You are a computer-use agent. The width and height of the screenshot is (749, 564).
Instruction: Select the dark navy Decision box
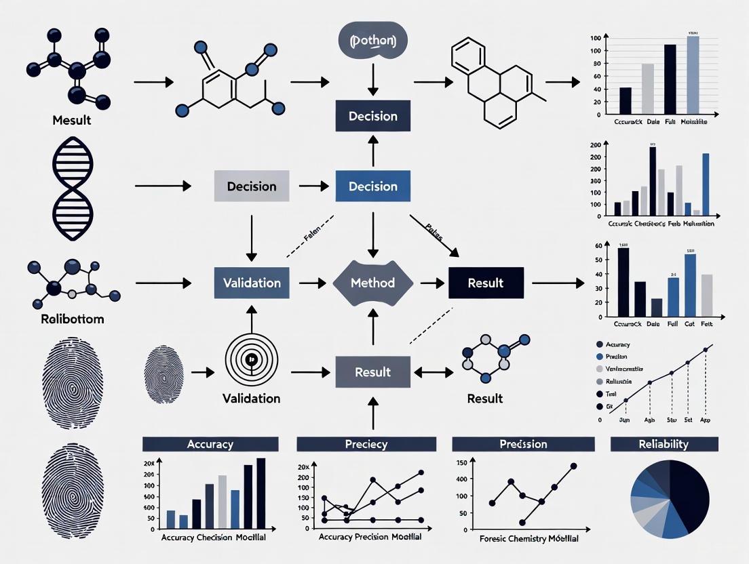(x=372, y=116)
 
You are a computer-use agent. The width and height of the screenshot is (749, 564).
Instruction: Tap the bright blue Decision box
(x=372, y=186)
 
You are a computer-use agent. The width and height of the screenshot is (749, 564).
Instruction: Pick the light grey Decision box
(x=252, y=186)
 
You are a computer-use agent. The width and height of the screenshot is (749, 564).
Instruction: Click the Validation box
(x=252, y=283)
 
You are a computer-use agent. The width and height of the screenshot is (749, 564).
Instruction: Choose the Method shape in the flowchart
(x=372, y=283)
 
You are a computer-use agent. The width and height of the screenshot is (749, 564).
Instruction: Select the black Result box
(x=486, y=283)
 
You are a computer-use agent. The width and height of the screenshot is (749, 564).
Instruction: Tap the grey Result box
(x=372, y=371)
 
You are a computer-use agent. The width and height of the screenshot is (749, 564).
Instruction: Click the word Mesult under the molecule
(x=71, y=121)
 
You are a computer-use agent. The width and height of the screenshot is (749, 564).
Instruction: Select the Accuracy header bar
(x=210, y=444)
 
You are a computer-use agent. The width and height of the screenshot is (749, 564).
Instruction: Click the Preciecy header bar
(x=367, y=444)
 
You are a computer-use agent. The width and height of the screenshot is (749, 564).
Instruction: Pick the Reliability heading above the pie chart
(x=664, y=444)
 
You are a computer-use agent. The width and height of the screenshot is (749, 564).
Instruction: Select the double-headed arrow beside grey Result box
(x=433, y=371)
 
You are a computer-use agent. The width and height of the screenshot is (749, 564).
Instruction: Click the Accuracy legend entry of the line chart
(x=617, y=344)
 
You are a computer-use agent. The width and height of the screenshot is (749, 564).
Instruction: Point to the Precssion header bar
(x=523, y=444)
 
